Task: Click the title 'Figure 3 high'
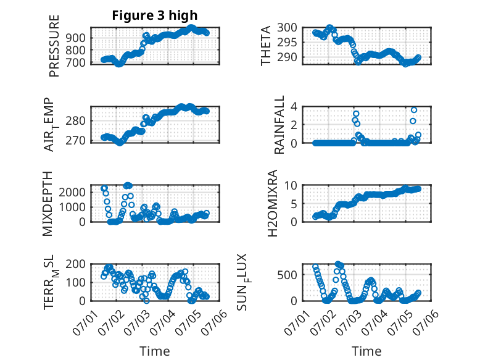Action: pos(155,15)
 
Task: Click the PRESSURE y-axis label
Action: pos(54,46)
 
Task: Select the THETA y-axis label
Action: pos(266,46)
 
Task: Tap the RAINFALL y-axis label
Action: pos(279,124)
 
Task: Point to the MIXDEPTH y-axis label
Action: pos(48,204)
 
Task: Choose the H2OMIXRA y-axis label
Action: pos(272,203)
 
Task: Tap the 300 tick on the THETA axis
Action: pos(287,28)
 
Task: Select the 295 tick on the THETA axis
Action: pos(287,42)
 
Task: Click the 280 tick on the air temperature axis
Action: pos(76,120)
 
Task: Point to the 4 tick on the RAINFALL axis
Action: pos(294,107)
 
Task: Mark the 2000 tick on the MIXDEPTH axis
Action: pos(72,193)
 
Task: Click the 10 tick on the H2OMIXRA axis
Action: pos(291,185)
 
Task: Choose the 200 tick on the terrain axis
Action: pos(76,264)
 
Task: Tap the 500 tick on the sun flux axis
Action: pos(287,275)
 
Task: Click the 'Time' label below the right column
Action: pos(366,351)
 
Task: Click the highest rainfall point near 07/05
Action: pos(414,110)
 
